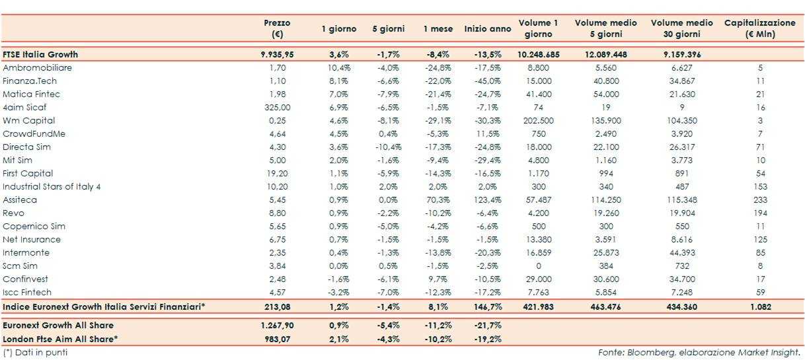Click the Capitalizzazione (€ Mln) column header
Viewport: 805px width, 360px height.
759,28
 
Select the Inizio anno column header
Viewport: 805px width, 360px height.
488,28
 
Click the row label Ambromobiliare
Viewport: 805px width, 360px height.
38,68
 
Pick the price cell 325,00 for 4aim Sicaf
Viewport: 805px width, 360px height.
277,108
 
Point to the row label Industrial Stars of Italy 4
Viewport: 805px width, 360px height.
52,187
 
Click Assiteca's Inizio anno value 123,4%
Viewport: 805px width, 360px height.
488,200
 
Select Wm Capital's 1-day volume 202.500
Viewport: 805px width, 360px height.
538,121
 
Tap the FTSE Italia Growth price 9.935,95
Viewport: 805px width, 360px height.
277,54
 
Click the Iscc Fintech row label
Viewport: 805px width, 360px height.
27,292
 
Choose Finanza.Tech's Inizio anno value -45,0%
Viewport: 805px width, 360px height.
488,81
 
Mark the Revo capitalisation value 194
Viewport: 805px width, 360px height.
760,213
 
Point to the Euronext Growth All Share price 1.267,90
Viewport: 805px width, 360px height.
277,326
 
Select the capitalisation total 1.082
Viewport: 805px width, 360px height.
760,307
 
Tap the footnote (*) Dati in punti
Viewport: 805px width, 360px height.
35,352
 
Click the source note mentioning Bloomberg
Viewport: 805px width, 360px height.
699,352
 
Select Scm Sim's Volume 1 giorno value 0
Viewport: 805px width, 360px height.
538,266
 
